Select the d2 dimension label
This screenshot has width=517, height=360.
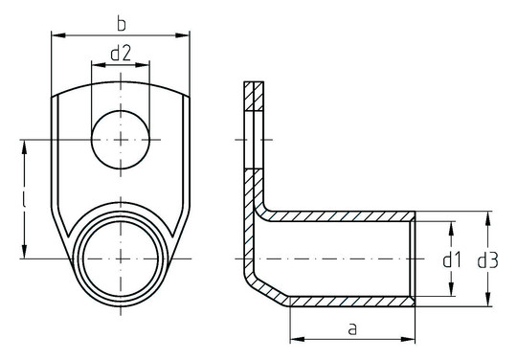(121, 54)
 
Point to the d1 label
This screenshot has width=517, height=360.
(452, 259)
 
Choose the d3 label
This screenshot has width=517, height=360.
(487, 259)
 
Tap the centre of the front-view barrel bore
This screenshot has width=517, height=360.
(122, 259)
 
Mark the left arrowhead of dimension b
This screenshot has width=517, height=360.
(56, 36)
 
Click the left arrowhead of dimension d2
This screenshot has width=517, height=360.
(96, 66)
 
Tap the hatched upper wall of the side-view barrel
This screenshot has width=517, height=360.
(345, 215)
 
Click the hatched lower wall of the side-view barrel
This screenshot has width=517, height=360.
(349, 302)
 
